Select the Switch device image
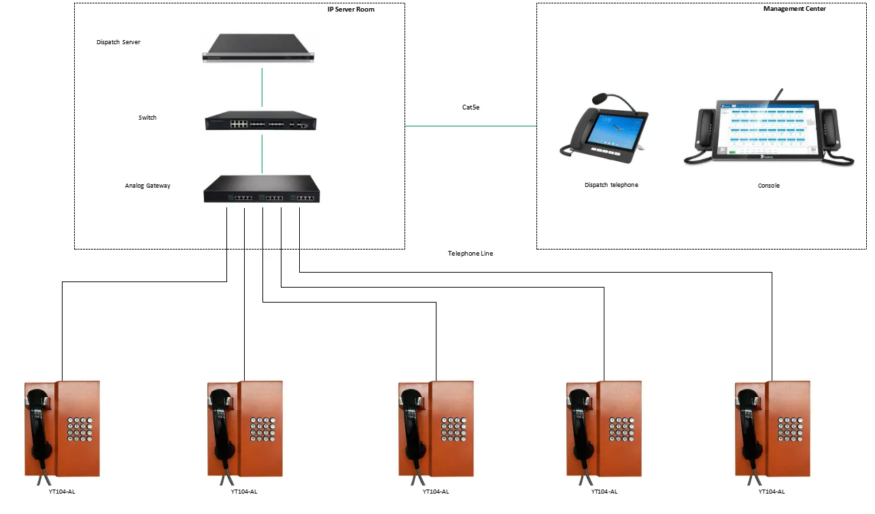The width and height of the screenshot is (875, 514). click(x=261, y=121)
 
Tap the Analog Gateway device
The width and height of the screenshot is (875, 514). click(x=262, y=189)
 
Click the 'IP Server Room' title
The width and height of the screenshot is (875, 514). click(x=351, y=10)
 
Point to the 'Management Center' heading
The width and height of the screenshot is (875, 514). click(x=794, y=10)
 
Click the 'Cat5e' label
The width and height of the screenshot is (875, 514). click(x=470, y=107)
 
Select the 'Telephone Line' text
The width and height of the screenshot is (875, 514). click(x=470, y=254)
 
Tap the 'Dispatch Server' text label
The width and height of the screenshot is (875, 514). click(x=118, y=42)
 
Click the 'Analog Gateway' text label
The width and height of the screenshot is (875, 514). click(x=147, y=186)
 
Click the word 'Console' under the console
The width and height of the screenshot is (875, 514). click(x=768, y=186)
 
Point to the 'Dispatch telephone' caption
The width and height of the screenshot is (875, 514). click(x=611, y=185)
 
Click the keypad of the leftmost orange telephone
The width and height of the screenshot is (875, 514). click(x=79, y=429)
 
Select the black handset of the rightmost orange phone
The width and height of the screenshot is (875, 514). click(x=748, y=428)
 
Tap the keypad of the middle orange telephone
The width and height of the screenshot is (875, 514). click(x=453, y=429)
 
